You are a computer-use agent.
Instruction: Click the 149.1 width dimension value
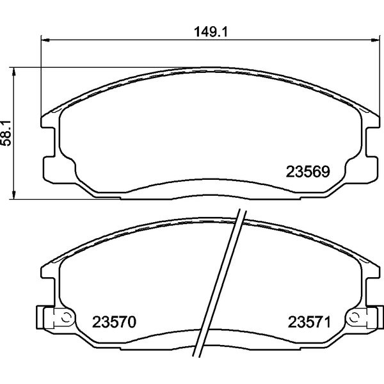(211, 33)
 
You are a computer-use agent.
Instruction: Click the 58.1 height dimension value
(6, 134)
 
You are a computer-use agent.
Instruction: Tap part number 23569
(308, 172)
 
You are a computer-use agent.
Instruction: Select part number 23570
(114, 322)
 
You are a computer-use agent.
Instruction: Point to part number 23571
(309, 322)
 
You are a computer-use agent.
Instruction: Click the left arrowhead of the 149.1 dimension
(45, 40)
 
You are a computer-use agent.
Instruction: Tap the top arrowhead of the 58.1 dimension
(13, 72)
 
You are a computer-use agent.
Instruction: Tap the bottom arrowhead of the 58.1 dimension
(13, 195)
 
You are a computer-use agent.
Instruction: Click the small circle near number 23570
(66, 317)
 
